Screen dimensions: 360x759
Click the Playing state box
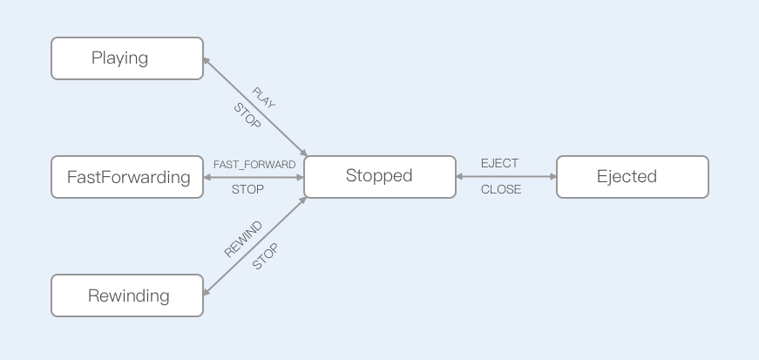click(x=127, y=58)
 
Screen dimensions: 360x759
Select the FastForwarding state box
click(x=127, y=177)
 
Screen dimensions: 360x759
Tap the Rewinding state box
click(x=127, y=295)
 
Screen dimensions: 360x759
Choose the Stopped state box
click(x=379, y=176)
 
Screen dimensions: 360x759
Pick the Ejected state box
click(x=632, y=177)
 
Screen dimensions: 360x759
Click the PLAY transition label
click(x=263, y=98)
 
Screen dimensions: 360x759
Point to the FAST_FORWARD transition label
click(x=254, y=164)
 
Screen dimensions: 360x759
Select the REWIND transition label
click(x=243, y=239)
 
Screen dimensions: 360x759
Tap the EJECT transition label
click(x=499, y=163)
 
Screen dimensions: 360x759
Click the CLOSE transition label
click(x=501, y=189)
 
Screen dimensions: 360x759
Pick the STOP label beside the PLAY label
click(x=247, y=116)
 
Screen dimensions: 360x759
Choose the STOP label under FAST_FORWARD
click(x=247, y=189)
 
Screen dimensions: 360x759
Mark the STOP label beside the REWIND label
click(x=265, y=256)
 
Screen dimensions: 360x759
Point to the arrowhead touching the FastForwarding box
click(x=207, y=177)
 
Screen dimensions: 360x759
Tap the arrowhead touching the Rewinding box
click(x=207, y=292)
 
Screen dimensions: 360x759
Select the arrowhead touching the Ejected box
click(x=552, y=176)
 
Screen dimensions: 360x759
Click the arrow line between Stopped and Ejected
click(x=505, y=176)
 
